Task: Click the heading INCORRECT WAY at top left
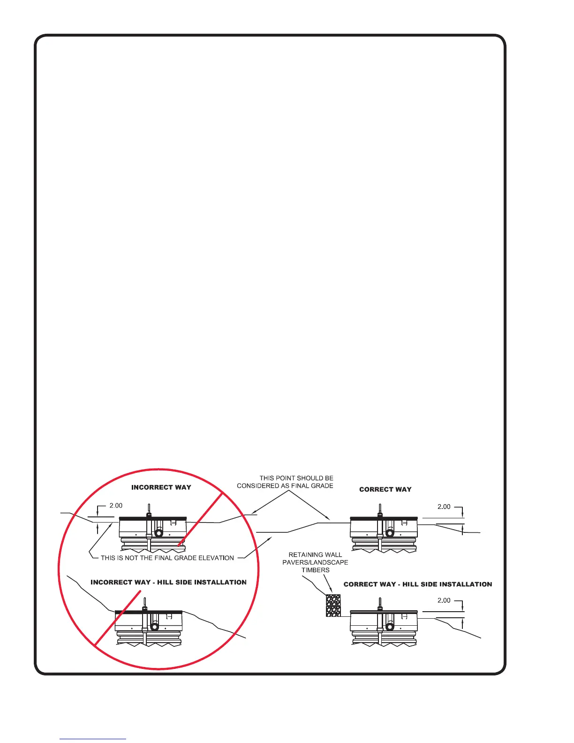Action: (161, 487)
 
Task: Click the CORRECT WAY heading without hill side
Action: (385, 489)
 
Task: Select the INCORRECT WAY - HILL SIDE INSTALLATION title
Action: (168, 582)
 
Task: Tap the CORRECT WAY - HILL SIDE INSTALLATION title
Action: (418, 584)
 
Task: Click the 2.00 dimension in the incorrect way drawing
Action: (116, 506)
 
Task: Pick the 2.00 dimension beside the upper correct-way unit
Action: (444, 507)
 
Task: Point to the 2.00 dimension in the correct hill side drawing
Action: (444, 600)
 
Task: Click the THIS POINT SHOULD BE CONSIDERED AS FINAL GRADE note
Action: (285, 482)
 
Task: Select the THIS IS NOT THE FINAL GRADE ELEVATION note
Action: (167, 558)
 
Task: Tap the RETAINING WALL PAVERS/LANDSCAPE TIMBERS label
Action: (315, 562)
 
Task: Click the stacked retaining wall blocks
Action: (333, 606)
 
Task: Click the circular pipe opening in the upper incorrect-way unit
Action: (159, 533)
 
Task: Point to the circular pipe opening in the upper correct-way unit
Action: (390, 533)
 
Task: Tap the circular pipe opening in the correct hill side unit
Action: (390, 627)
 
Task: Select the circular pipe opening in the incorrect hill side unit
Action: (154, 627)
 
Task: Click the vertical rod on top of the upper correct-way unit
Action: (379, 509)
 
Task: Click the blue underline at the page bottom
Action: (93, 739)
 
